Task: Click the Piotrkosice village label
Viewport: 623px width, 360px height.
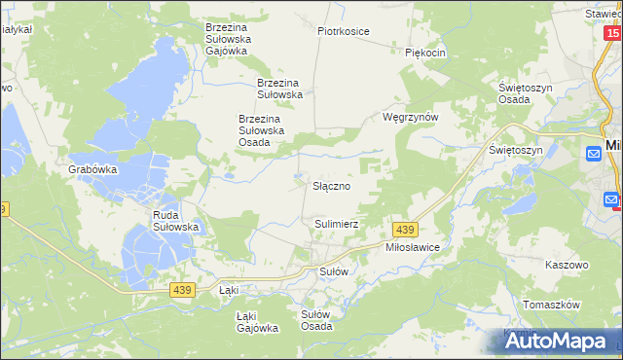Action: tap(343, 31)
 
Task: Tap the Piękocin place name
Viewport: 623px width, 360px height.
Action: tap(425, 53)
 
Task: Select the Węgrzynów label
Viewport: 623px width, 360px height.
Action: tap(412, 117)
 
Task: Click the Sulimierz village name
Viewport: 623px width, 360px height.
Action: tap(337, 224)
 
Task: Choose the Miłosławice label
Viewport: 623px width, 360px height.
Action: tap(414, 248)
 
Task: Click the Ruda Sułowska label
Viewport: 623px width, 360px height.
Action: tap(176, 221)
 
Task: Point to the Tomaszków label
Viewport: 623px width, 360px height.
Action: tap(552, 305)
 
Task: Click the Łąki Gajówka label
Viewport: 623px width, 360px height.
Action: tap(257, 322)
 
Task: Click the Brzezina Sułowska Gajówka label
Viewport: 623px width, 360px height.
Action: tap(228, 36)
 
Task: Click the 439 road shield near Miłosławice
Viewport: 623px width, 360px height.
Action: tap(406, 229)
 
